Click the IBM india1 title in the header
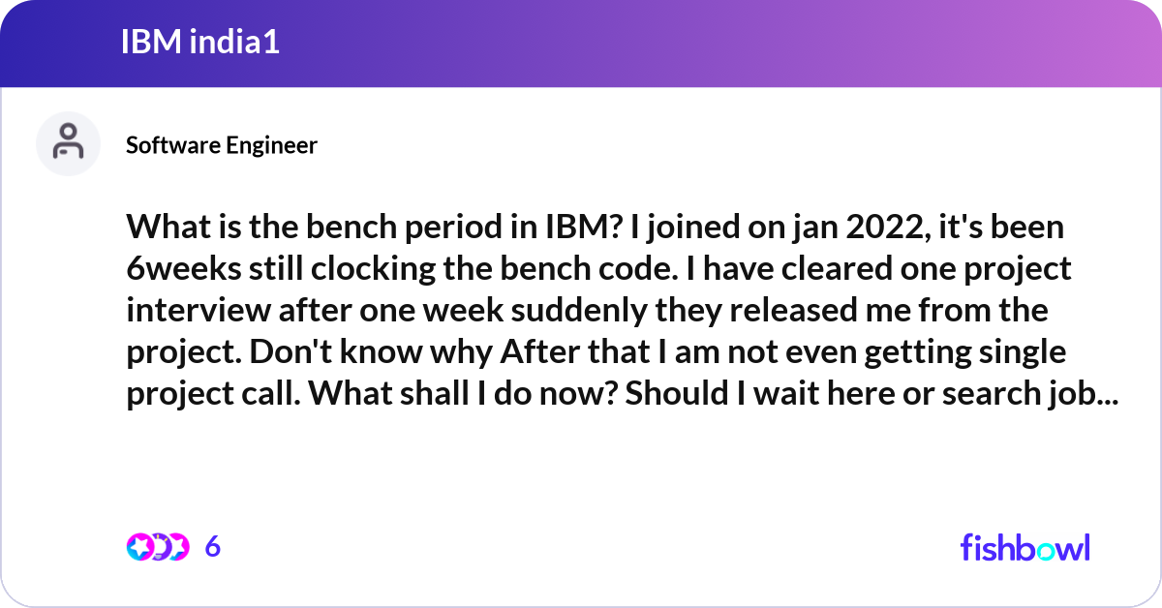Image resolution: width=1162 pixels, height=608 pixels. pos(200,42)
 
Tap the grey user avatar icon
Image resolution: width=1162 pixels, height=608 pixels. pos(68,143)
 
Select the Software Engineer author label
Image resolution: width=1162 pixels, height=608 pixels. pos(222,145)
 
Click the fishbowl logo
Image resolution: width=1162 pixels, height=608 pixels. pos(1024,547)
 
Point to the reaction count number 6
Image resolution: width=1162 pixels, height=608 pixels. pos(213,547)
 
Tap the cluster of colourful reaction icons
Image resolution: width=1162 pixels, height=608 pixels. pos(157,547)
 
